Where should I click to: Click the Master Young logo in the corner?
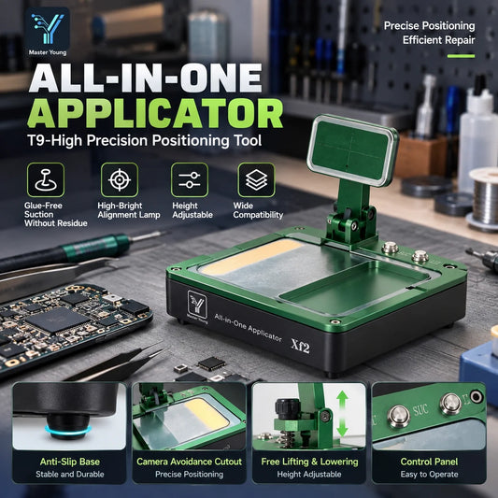[48, 32]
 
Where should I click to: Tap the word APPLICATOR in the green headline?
[155, 114]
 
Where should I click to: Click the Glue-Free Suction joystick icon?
[46, 179]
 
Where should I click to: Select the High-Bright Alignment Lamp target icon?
[120, 179]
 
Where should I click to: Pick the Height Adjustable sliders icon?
[190, 179]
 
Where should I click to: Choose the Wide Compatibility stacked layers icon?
[256, 179]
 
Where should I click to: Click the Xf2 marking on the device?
[301, 347]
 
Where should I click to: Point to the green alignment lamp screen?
[352, 150]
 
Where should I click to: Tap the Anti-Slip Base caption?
[70, 462]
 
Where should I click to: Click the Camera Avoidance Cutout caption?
[190, 462]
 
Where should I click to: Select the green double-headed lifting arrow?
[342, 414]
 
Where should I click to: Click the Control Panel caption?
[429, 462]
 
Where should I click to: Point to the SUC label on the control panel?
[420, 410]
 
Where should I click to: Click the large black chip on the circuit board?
[57, 320]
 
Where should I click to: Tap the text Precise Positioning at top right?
[430, 26]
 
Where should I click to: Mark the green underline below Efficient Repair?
[462, 56]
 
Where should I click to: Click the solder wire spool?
[484, 198]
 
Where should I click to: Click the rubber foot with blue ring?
[67, 427]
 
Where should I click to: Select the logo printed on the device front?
[197, 306]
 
